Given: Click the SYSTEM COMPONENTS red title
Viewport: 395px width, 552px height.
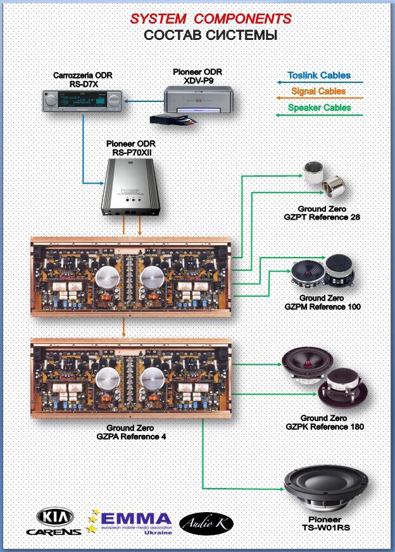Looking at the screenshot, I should (211, 19).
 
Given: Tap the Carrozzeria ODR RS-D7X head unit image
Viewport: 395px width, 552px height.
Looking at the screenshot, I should (82, 101).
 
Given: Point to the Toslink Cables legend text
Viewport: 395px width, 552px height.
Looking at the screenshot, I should (319, 75).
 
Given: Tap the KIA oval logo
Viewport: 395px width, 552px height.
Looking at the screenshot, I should (54, 517).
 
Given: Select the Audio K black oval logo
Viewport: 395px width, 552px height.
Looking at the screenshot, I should (207, 522).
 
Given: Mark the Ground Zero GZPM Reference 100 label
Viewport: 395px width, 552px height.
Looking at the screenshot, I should (322, 302).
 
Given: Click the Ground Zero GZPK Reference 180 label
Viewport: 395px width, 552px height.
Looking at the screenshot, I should (324, 422).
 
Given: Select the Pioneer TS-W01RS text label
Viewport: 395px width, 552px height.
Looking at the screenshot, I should (326, 523).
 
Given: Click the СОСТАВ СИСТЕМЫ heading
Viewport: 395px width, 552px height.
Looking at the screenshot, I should (210, 35).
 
